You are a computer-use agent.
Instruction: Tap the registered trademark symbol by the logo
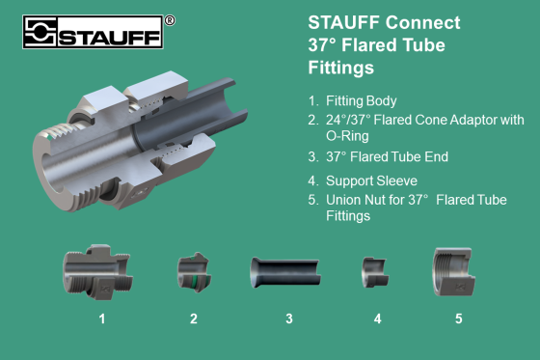(170, 19)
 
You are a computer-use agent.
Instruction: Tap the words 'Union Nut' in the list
(362, 200)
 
